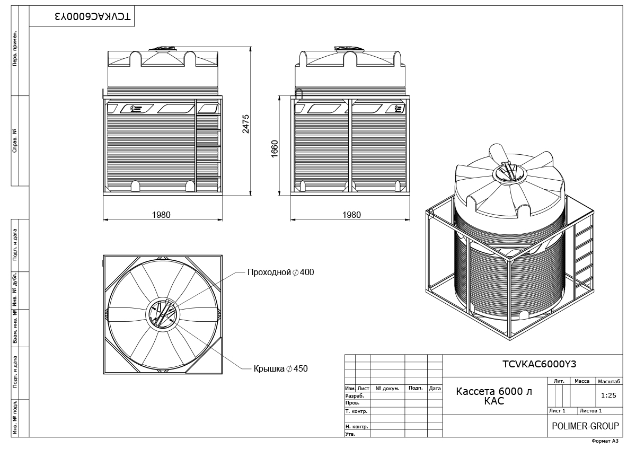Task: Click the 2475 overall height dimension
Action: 245,124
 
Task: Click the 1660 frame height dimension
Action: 275,149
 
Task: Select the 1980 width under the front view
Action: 161,215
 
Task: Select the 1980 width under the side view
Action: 351,215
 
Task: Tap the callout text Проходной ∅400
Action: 280,272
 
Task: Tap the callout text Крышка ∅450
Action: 280,368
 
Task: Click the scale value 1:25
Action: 609,395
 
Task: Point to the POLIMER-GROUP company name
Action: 585,426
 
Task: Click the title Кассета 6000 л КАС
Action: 494,396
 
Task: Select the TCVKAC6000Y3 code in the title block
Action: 539,364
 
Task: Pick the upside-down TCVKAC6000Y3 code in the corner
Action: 93,16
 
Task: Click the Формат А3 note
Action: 605,441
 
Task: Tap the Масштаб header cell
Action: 609,381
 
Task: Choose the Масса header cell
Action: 582,381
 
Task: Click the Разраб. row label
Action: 355,395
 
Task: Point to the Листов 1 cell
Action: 590,411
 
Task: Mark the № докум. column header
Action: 387,388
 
